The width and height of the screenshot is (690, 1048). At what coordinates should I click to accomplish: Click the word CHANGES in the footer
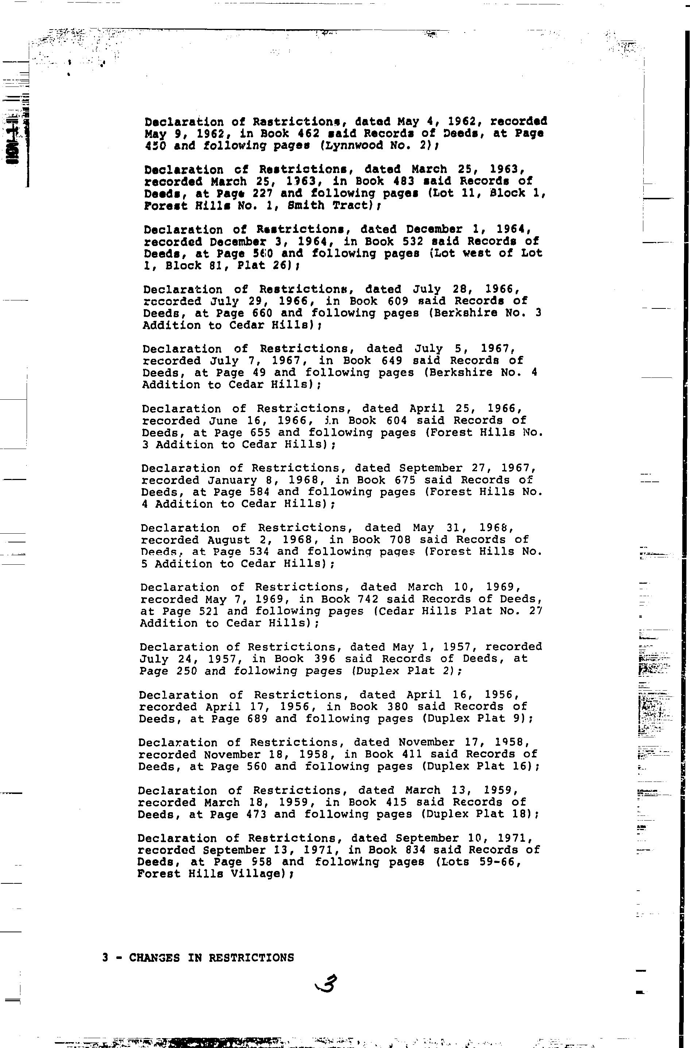155,958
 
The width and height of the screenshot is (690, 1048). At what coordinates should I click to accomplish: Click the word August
229,540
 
